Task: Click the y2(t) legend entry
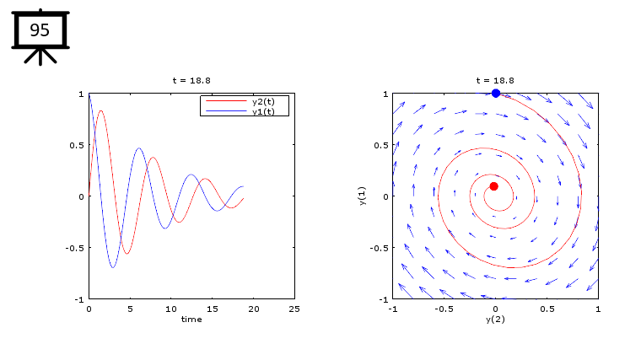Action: click(269, 101)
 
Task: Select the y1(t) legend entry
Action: click(269, 111)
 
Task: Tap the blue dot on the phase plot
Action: click(496, 93)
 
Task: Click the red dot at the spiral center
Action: click(493, 186)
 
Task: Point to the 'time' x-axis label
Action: click(191, 319)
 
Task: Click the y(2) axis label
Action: click(495, 320)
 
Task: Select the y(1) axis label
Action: click(361, 196)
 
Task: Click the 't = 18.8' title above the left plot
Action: click(191, 80)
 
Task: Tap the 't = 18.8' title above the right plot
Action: click(495, 80)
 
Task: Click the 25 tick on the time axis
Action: click(294, 309)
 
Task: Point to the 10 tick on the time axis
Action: click(171, 309)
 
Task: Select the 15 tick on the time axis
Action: click(213, 309)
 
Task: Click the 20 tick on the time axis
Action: click(253, 309)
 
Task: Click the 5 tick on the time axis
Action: click(130, 309)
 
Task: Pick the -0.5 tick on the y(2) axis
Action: click(443, 309)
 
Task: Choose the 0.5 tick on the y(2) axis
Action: click(547, 309)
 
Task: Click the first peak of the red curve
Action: click(101, 110)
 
